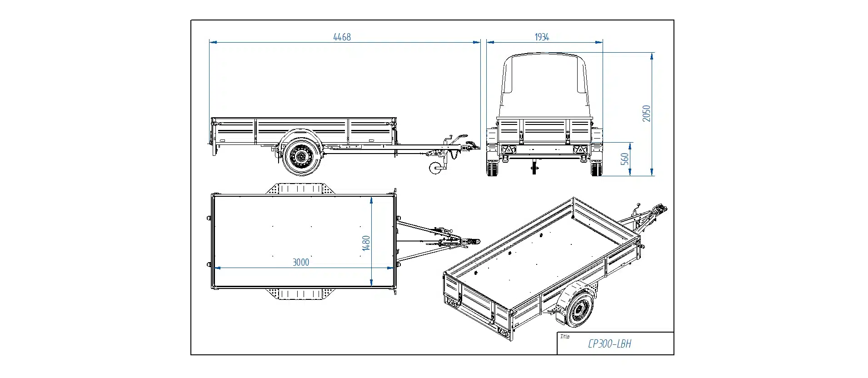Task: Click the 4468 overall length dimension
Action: click(x=342, y=37)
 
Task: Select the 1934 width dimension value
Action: click(x=542, y=37)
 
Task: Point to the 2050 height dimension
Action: click(x=646, y=113)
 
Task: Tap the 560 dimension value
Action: click(x=625, y=159)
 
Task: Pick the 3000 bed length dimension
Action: click(x=300, y=262)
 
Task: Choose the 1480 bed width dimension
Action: click(x=366, y=243)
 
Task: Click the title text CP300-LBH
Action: click(x=609, y=344)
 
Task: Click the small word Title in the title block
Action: click(x=565, y=337)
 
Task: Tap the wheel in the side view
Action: click(x=300, y=157)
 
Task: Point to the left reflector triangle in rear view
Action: click(x=509, y=149)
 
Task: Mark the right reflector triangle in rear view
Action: click(x=580, y=149)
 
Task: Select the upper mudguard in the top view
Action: click(x=300, y=188)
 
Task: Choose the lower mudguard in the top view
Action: click(x=300, y=294)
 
